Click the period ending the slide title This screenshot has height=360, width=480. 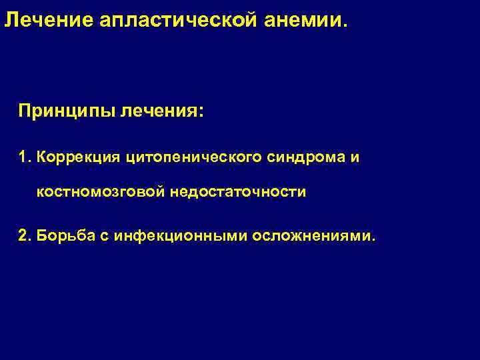(x=345, y=27)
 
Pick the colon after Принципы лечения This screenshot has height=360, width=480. (x=201, y=112)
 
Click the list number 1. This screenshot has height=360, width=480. (x=24, y=157)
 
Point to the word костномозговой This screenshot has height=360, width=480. (x=101, y=193)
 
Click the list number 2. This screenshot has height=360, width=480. (x=24, y=235)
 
